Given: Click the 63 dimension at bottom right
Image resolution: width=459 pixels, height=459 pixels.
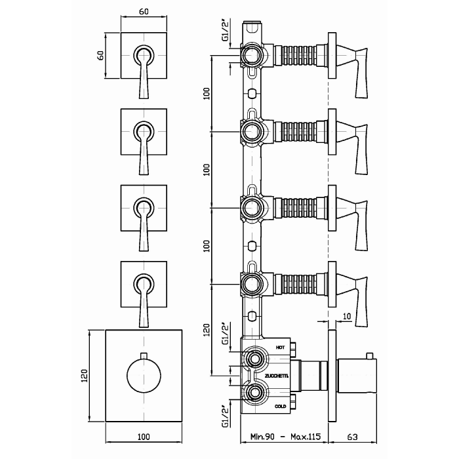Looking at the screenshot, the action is coord(353,437).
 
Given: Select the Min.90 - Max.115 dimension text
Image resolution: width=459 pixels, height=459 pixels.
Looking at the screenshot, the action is coord(285,437).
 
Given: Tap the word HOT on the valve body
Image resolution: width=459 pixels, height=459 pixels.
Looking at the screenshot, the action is coord(280,348).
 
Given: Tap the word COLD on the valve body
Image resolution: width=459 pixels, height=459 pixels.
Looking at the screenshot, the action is coord(280,407).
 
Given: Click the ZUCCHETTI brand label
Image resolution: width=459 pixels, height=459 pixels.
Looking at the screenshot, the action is coord(277,376).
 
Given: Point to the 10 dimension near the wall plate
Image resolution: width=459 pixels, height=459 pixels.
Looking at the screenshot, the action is coord(347,317).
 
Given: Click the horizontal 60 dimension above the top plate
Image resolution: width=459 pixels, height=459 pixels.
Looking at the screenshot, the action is coord(144,11).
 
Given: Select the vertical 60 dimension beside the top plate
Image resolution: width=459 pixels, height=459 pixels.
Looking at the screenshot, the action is coord(100,55).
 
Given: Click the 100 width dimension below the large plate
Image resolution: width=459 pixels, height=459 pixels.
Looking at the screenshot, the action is coord(144,437).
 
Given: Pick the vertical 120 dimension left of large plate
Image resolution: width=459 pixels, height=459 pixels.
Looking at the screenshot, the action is coord(84,376).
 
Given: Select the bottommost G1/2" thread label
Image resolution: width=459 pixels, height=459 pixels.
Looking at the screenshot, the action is coord(226,417).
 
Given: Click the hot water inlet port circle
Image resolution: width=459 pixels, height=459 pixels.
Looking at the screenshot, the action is coord(254,359).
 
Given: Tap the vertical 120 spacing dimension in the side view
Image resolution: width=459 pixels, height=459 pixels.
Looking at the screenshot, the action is coord(207,330).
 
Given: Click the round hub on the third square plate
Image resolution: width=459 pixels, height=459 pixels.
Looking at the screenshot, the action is coord(144,208).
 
